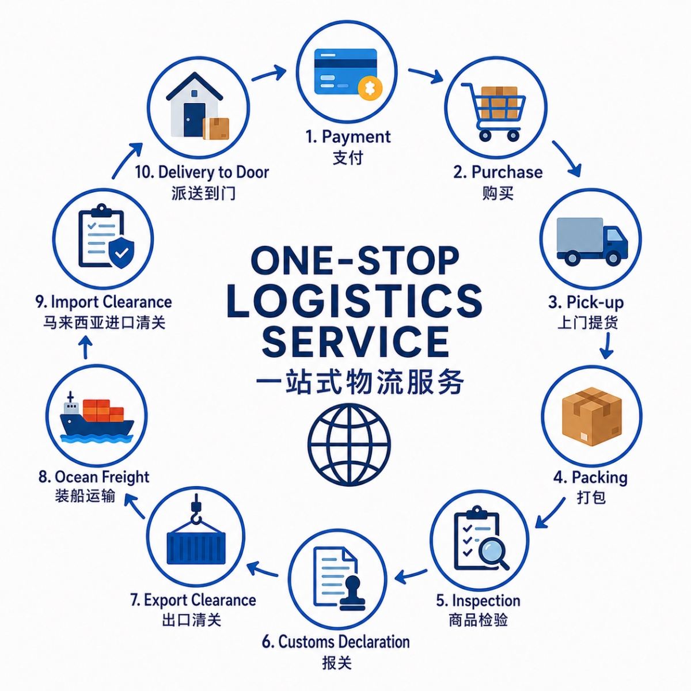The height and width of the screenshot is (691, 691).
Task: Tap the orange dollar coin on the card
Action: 370,88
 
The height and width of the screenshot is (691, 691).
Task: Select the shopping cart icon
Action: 493,111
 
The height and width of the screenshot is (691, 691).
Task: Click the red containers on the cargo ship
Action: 103,411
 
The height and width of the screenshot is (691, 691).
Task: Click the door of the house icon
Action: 195,120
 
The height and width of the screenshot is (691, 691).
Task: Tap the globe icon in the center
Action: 349,445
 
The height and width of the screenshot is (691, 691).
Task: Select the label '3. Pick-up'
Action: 586,302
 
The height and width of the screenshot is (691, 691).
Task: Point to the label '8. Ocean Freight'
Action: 94,477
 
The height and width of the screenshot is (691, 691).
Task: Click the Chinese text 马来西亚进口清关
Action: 104,322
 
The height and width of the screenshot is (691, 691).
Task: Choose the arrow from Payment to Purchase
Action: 426,75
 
